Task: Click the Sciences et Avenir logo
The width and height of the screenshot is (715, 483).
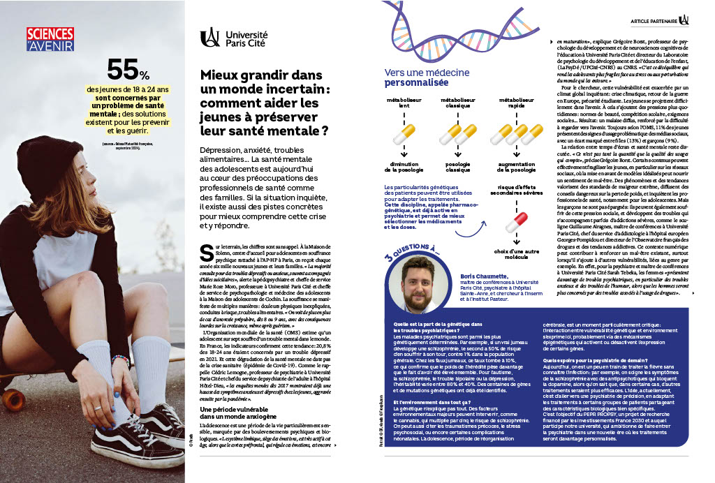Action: point(50,39)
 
